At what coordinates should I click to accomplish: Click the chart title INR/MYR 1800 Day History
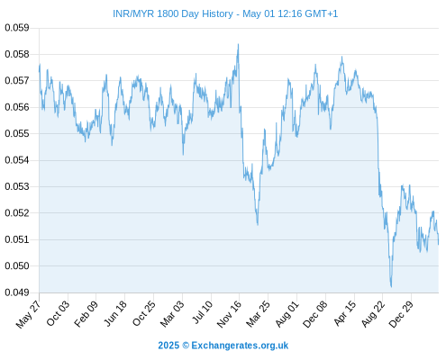pyautogui.click(x=173, y=13)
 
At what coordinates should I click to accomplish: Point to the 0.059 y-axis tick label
pyautogui.click(x=17, y=28)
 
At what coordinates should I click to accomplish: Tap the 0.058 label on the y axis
pyautogui.click(x=17, y=54)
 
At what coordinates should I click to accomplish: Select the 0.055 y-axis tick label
pyautogui.click(x=17, y=133)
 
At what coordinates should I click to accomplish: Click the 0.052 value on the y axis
pyautogui.click(x=17, y=213)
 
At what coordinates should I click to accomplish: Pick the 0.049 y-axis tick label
pyautogui.click(x=17, y=292)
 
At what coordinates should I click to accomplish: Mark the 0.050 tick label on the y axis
pyautogui.click(x=17, y=265)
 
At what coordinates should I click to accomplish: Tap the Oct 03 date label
pyautogui.click(x=58, y=313)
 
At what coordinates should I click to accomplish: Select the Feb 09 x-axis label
pyautogui.click(x=86, y=313)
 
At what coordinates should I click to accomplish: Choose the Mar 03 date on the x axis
pyautogui.click(x=172, y=313)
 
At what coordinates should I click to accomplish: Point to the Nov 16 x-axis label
pyautogui.click(x=229, y=313)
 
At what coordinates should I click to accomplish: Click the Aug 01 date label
pyautogui.click(x=287, y=313)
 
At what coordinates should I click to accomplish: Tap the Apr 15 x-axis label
pyautogui.click(x=345, y=313)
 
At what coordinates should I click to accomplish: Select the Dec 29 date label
pyautogui.click(x=401, y=313)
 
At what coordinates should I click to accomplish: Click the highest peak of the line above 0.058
pyautogui.click(x=238, y=44)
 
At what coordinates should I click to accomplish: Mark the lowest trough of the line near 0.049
pyautogui.click(x=391, y=286)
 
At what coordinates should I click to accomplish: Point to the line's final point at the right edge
pyautogui.click(x=438, y=244)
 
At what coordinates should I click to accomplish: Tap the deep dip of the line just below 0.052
pyautogui.click(x=258, y=224)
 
